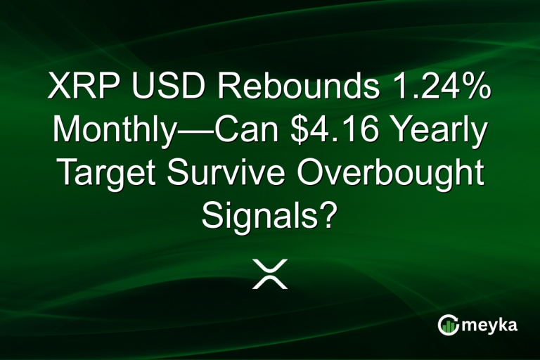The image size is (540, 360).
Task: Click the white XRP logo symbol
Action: pos(270,273)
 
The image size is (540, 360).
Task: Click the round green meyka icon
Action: pos(448,325)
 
